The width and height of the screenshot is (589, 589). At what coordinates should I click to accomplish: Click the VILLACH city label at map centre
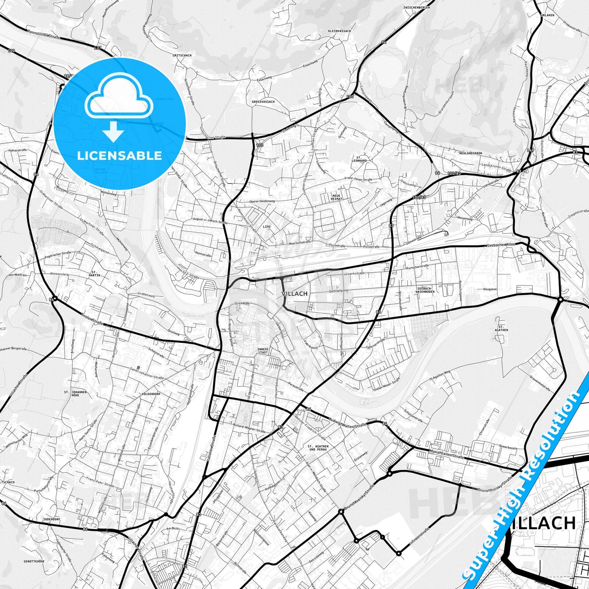click(x=294, y=293)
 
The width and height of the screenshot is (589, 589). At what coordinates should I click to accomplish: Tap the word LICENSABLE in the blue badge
click(x=120, y=156)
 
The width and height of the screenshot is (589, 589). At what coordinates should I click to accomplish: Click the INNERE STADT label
click(x=263, y=351)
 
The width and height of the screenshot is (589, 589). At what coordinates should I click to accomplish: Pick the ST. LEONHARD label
click(x=362, y=159)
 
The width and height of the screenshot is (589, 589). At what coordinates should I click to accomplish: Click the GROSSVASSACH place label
click(x=263, y=101)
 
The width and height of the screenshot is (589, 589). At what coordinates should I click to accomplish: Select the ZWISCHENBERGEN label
click(x=416, y=7)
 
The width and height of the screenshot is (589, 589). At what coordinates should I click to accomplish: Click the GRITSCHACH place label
click(x=182, y=55)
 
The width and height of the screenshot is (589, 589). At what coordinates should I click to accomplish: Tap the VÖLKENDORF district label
click(x=150, y=394)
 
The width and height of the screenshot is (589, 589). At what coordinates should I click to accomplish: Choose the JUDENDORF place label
click(x=51, y=519)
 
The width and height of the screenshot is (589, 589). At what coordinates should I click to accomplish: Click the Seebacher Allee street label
click(x=501, y=245)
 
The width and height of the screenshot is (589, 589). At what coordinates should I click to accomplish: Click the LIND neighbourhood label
click(x=267, y=226)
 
